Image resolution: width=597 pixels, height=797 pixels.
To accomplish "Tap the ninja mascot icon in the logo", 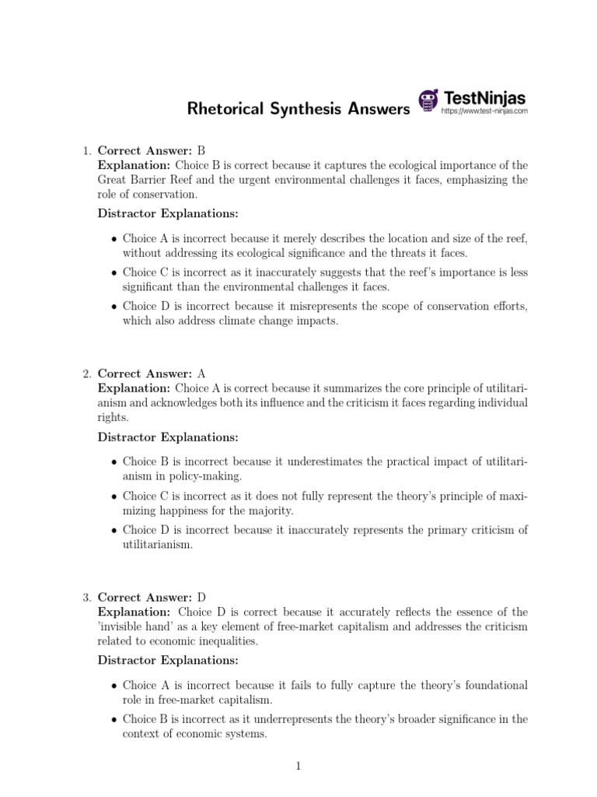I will [428, 100].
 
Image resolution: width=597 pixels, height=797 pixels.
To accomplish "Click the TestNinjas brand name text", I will [484, 97].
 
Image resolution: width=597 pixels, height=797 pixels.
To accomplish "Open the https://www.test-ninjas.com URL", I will [484, 111].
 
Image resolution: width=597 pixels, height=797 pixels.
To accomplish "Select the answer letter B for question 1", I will [201, 150].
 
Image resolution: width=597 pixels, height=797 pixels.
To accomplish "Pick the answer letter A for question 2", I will [201, 374].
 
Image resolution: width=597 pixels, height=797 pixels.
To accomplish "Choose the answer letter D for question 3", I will [201, 597].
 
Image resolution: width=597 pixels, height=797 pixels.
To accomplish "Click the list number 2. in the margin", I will [87, 374].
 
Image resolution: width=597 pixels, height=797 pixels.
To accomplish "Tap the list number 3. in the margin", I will [87, 597].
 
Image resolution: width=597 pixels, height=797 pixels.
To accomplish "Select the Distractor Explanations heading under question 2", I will [168, 437].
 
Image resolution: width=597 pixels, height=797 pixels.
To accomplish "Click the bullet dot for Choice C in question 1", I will [114, 273].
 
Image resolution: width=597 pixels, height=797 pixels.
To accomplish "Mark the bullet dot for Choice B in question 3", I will [114, 720].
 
